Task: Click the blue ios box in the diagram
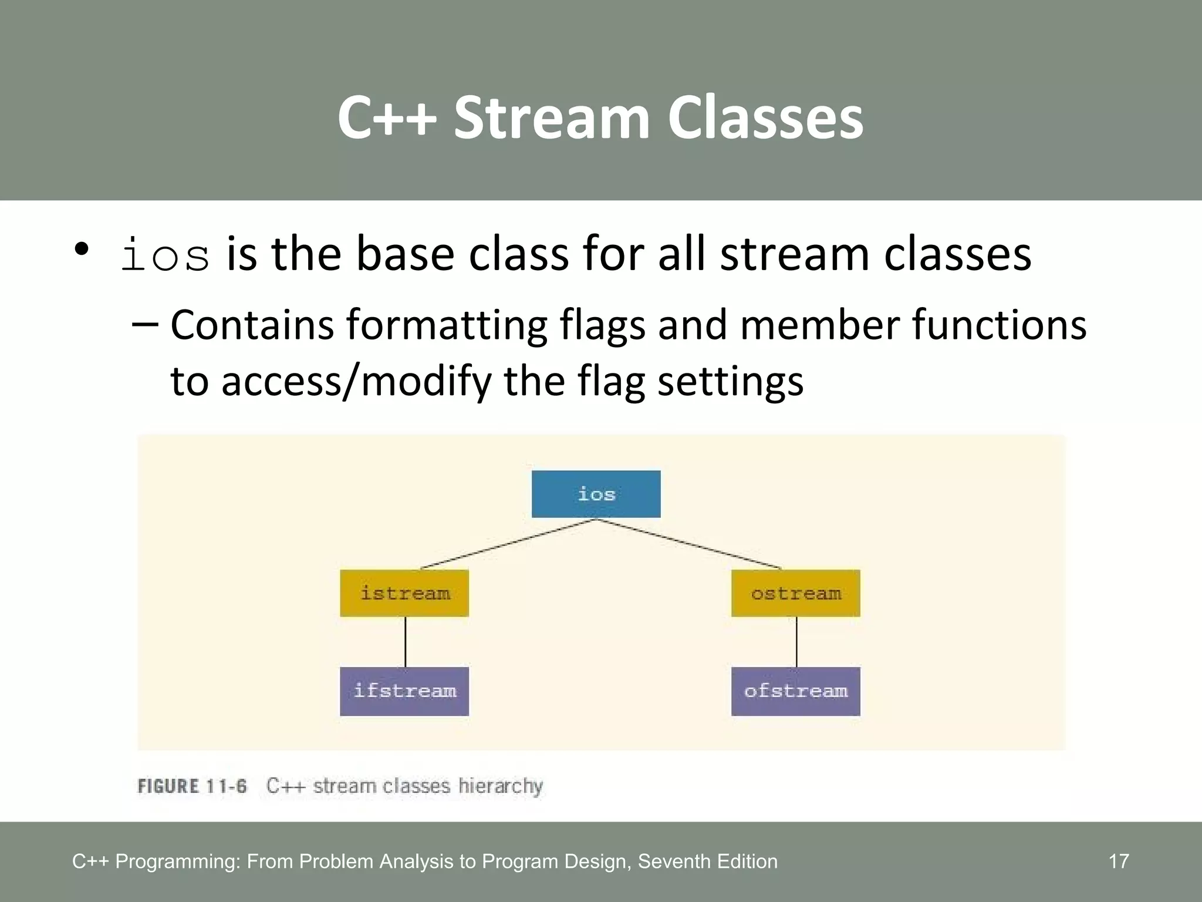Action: (596, 494)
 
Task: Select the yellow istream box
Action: (404, 593)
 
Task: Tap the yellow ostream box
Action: (795, 593)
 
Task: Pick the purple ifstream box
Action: (404, 691)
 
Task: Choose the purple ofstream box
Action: (795, 691)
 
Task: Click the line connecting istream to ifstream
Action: (406, 642)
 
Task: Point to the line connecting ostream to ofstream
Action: (796, 642)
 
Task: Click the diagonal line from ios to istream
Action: (508, 544)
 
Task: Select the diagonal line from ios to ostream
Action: (688, 544)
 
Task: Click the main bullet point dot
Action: (82, 249)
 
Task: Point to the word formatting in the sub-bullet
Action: (446, 325)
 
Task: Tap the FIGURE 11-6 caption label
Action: (192, 786)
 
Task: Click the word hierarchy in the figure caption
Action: (500, 786)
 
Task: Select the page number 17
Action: (1119, 861)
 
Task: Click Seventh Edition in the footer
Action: (707, 861)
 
